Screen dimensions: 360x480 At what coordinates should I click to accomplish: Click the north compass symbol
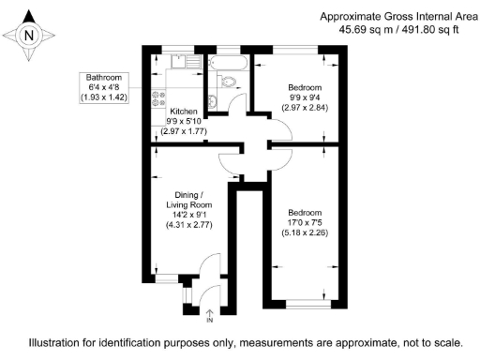coord(29,35)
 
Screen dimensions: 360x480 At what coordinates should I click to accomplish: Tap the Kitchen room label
coord(183,111)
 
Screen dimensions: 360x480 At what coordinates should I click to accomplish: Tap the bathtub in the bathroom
coord(229,65)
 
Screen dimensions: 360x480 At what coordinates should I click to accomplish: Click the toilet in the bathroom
coord(215,102)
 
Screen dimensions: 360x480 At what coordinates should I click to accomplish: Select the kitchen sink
coord(178,63)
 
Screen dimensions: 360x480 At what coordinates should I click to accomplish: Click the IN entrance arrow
coord(209,314)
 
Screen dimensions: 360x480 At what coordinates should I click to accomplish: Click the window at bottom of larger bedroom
coord(306,302)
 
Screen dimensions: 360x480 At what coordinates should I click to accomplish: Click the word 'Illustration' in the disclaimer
coord(56,343)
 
